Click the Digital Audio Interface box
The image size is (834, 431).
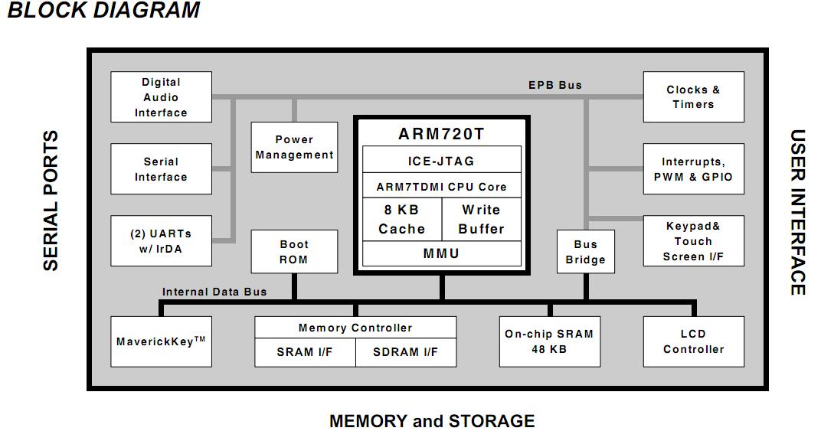point(161,97)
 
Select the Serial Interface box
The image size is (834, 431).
point(161,169)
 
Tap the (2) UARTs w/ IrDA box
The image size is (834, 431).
point(161,241)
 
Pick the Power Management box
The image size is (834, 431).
point(294,147)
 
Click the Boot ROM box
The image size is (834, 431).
point(294,252)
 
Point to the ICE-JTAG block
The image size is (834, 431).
point(441,161)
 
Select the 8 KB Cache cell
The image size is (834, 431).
point(401,219)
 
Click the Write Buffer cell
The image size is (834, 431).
point(481,219)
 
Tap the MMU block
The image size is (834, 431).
point(441,253)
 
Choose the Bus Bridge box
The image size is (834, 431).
point(586,252)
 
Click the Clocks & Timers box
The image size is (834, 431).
point(693,97)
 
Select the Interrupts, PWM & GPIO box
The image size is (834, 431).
point(693,169)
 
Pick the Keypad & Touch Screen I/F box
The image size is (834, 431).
point(693,241)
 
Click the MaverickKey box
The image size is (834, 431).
point(161,341)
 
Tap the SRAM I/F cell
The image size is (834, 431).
point(305,352)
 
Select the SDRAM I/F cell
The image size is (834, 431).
point(406,352)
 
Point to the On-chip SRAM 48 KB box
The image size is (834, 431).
point(549,341)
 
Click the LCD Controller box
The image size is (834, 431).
point(693,341)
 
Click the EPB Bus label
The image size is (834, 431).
point(555,85)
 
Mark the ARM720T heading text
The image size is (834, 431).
point(441,134)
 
